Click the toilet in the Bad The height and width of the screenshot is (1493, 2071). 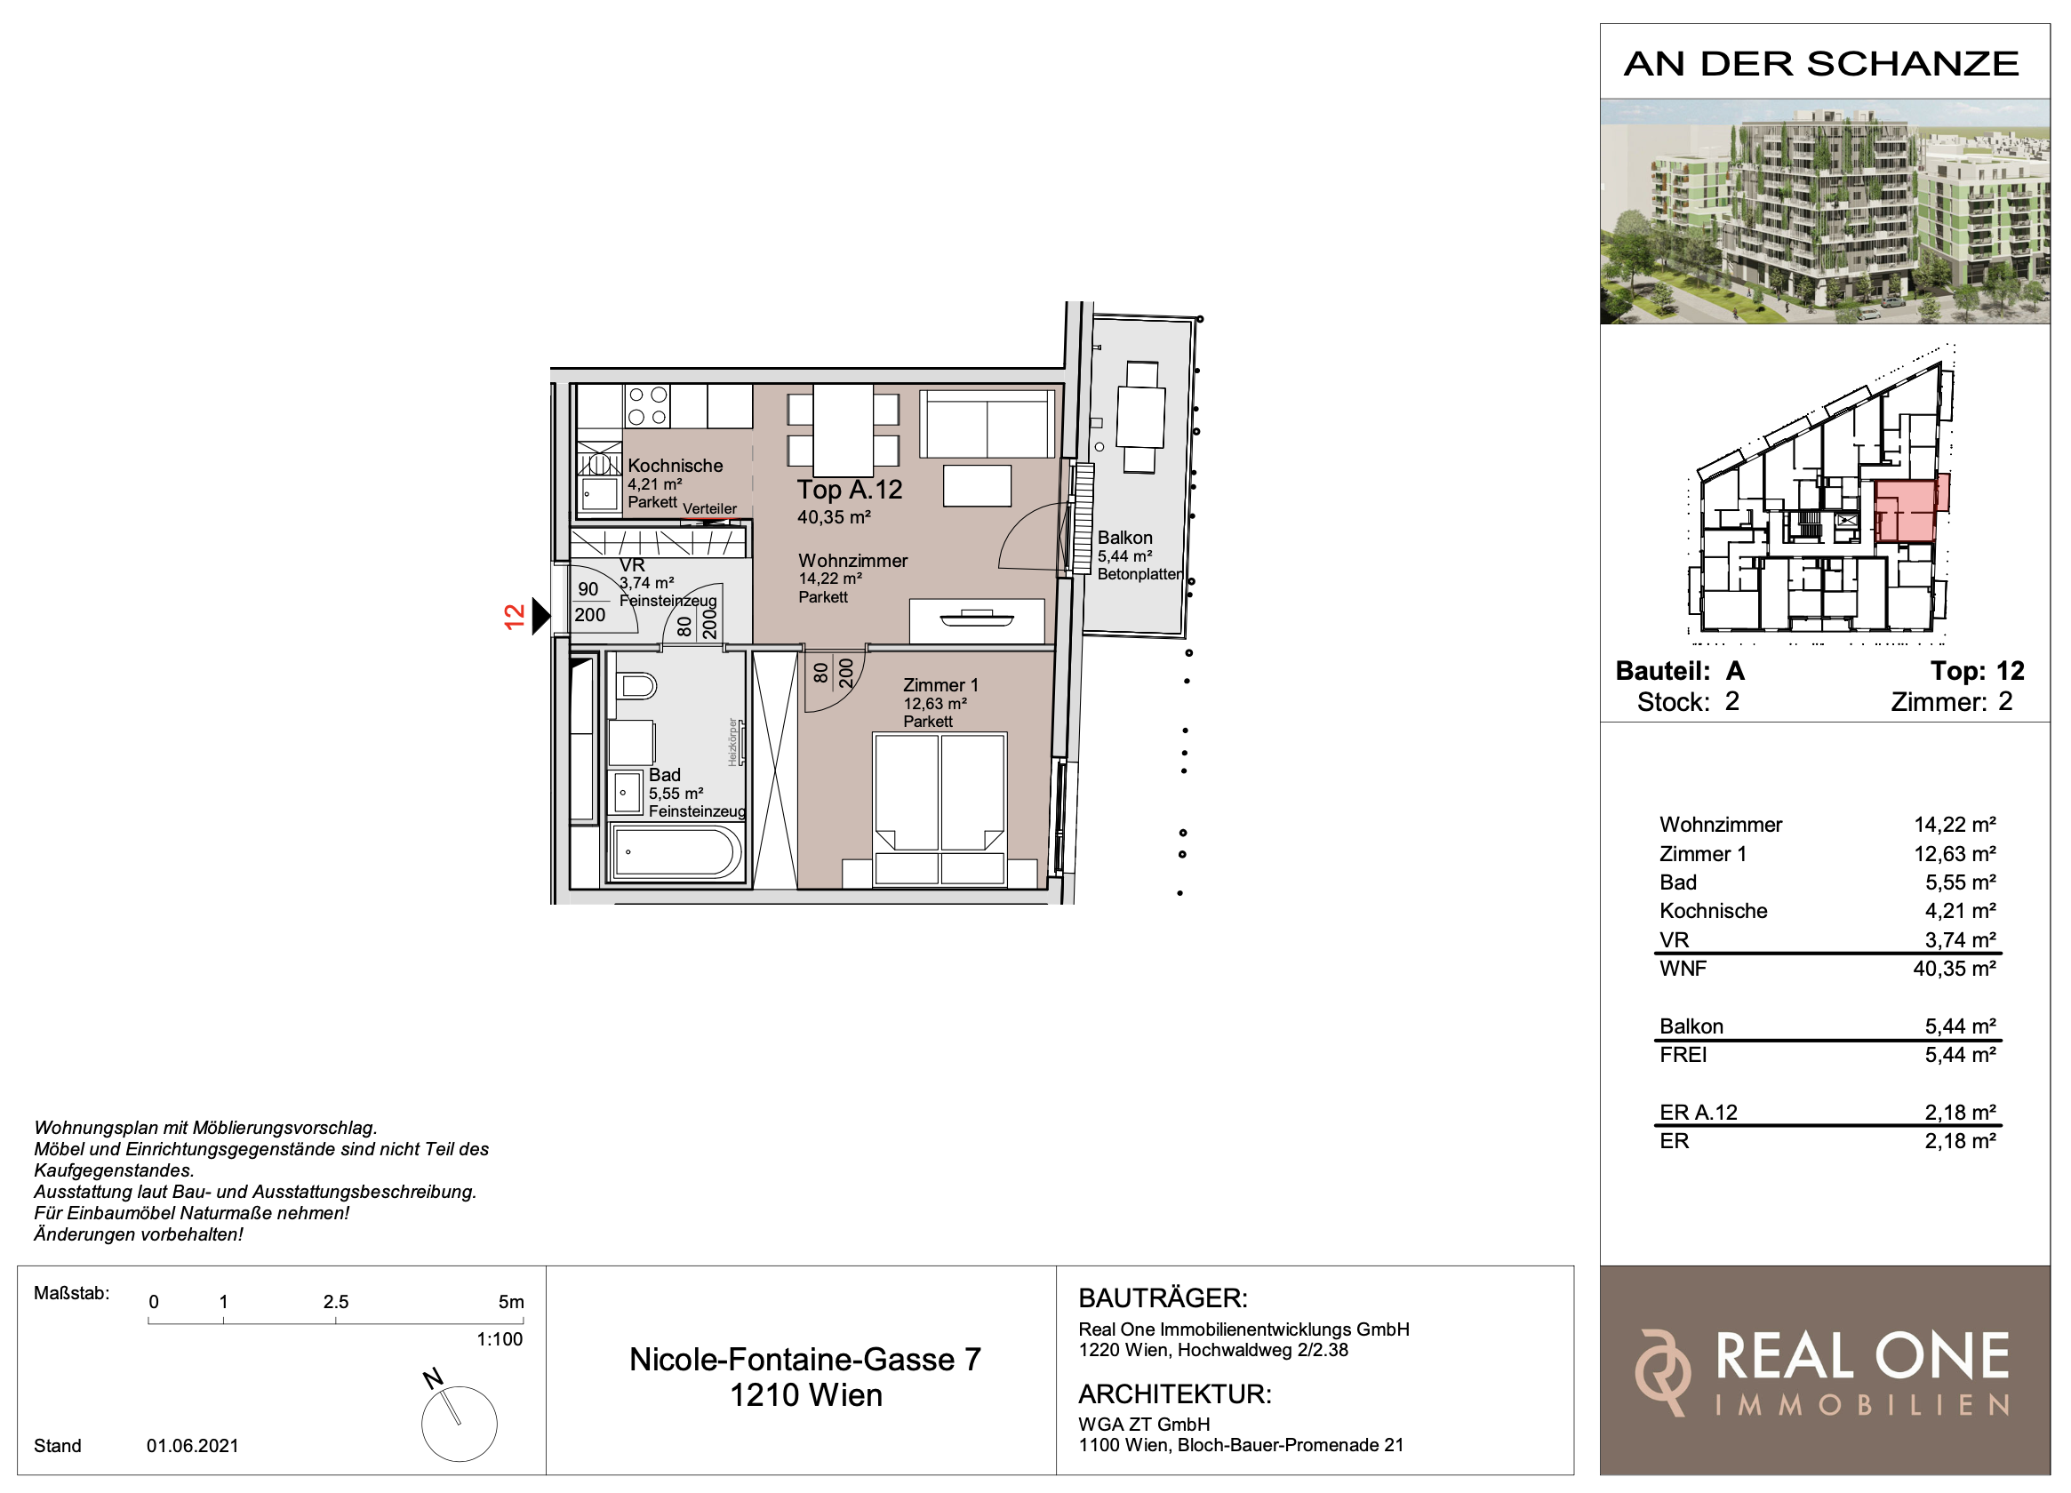coord(636,686)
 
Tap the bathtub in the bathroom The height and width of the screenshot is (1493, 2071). coord(676,853)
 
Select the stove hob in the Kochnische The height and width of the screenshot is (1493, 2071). coord(647,406)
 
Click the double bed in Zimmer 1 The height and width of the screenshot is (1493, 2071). coord(940,809)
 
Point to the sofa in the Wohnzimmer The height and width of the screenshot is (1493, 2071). coord(988,424)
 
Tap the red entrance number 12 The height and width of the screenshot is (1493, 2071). coord(515,617)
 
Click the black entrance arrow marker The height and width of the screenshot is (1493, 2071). coord(541,617)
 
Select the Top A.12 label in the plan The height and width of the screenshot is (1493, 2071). coord(849,491)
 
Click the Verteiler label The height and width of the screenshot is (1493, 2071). coord(709,508)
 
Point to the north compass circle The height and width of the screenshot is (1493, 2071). coord(460,1424)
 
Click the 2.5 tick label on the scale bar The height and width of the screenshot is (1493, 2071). coord(336,1302)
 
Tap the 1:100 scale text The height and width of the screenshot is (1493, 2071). coord(500,1339)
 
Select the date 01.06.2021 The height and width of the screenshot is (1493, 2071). coord(193,1447)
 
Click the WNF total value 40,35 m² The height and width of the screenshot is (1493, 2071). coord(1955,969)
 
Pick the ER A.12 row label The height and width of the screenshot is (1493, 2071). coord(1699,1114)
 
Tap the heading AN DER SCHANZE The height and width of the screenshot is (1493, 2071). coord(1822,64)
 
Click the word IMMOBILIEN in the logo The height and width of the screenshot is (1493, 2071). coord(1863,1405)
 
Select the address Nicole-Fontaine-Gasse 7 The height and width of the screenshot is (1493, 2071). coord(805,1360)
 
